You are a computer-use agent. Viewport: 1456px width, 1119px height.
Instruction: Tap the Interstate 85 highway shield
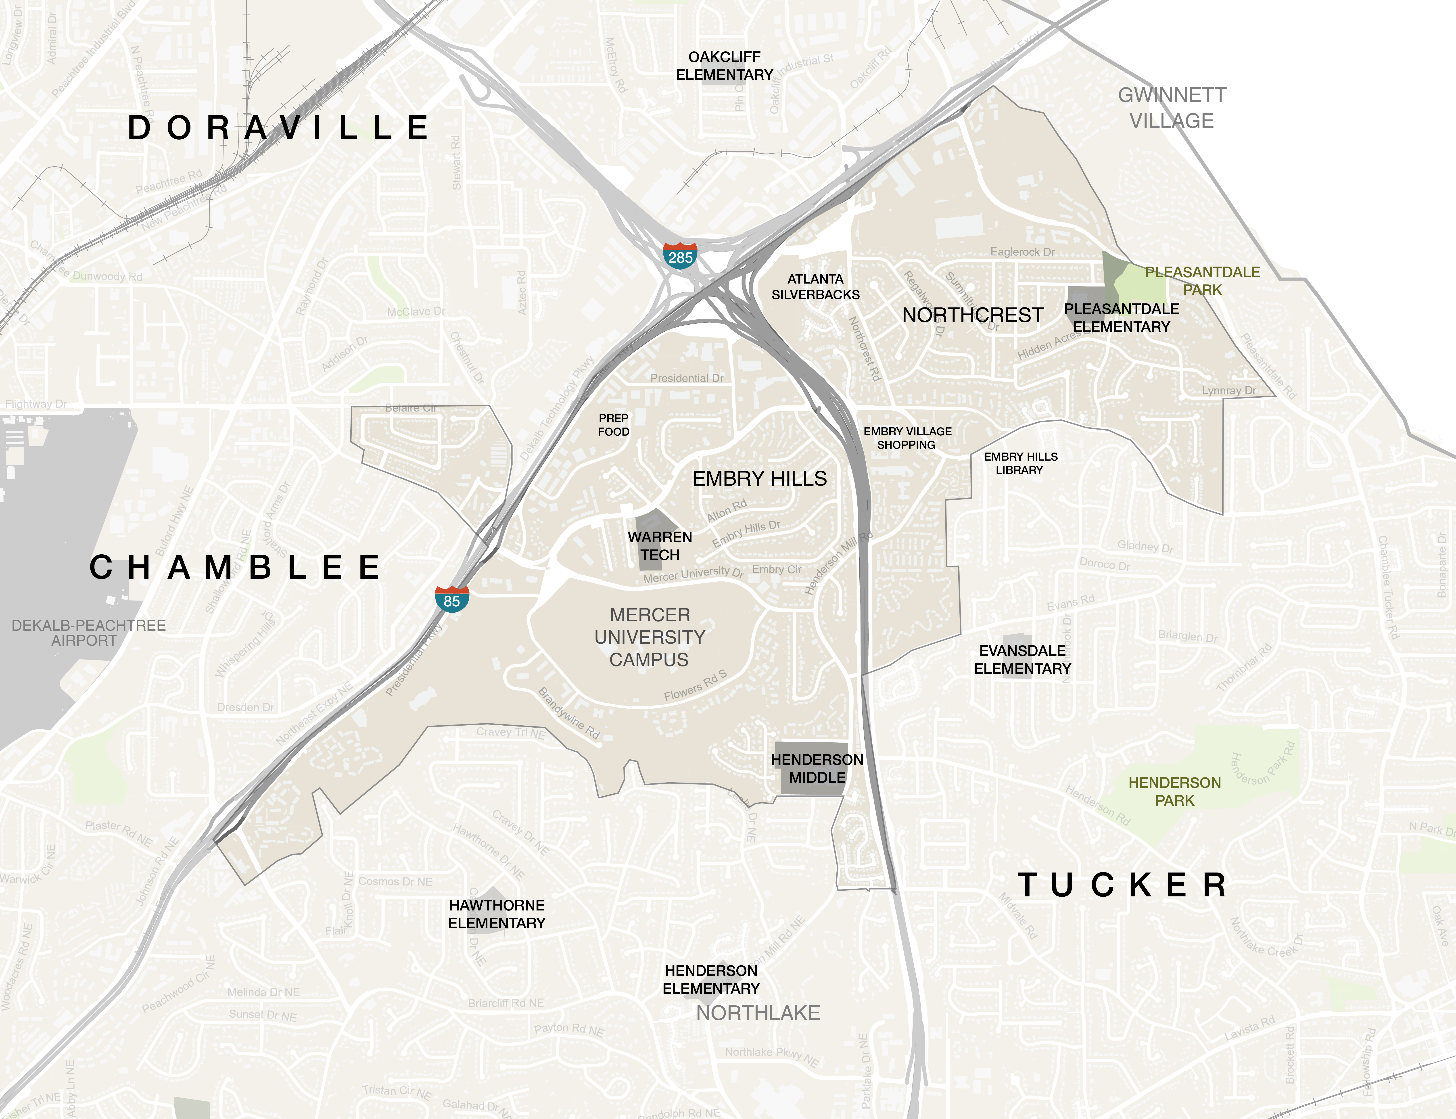point(452,599)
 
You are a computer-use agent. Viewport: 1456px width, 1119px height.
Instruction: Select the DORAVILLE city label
point(278,128)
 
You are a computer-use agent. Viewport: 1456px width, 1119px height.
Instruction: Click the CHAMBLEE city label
point(235,568)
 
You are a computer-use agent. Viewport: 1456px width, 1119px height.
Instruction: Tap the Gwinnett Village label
point(1172,108)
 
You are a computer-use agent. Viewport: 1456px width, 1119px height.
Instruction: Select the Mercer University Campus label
point(649,637)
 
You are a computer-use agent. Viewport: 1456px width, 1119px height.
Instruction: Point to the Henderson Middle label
point(817,769)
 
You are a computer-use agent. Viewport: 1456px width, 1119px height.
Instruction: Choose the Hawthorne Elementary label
point(497,914)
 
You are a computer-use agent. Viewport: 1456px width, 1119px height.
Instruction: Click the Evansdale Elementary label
point(1022,660)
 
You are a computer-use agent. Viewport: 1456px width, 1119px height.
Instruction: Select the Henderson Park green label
point(1174,791)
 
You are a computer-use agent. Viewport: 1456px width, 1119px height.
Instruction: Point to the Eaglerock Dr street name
point(1022,252)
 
